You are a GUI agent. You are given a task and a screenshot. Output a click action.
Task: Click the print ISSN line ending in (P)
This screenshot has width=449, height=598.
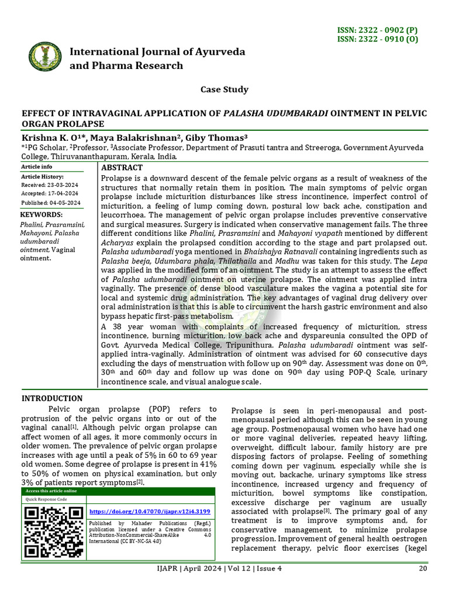pyautogui.click(x=385, y=30)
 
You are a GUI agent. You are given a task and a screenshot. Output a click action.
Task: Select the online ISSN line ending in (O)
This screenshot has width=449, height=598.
pyautogui.click(x=385, y=39)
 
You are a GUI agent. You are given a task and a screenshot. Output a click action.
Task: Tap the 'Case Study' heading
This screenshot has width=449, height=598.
pyautogui.click(x=224, y=89)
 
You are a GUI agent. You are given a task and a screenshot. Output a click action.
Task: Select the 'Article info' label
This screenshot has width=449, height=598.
pyautogui.click(x=37, y=166)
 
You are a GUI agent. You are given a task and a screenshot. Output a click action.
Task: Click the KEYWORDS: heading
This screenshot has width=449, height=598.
pyautogui.click(x=42, y=214)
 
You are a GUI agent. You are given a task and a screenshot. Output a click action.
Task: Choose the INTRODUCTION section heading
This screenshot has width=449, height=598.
pyautogui.click(x=52, y=398)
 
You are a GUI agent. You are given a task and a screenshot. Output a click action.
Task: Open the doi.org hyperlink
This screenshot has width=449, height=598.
pyautogui.click(x=150, y=511)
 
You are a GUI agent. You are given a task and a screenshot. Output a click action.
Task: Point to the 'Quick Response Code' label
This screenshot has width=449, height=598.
pyautogui.click(x=46, y=500)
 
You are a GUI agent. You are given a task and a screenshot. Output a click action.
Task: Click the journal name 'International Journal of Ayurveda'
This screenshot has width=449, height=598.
pyautogui.click(x=157, y=52)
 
